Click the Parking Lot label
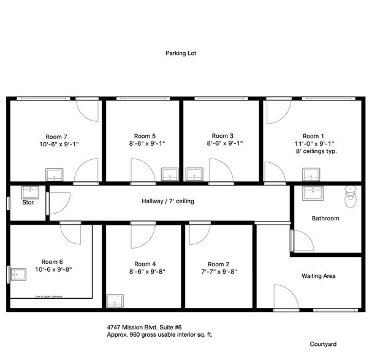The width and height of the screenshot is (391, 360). click(x=180, y=53)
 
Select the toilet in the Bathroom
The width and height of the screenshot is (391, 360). click(x=351, y=194)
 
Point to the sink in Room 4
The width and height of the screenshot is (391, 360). click(x=115, y=301)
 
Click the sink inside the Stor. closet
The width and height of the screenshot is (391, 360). click(x=30, y=192)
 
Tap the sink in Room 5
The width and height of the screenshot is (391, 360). click(x=169, y=174)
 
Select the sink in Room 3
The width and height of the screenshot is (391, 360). click(x=194, y=174)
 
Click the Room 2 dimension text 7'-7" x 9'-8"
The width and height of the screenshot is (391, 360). click(x=219, y=271)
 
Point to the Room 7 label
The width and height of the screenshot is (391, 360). click(x=56, y=136)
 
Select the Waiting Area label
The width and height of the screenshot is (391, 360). click(x=318, y=276)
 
